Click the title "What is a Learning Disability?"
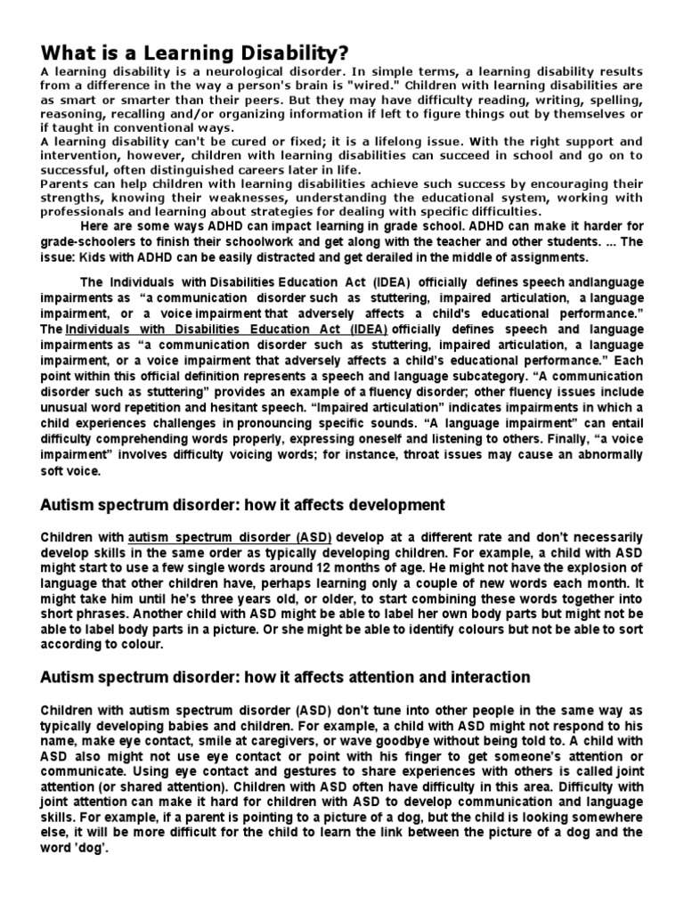coord(194,52)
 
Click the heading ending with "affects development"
coord(243,505)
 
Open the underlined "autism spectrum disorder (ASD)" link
coord(231,538)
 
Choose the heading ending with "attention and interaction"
coord(285,678)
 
